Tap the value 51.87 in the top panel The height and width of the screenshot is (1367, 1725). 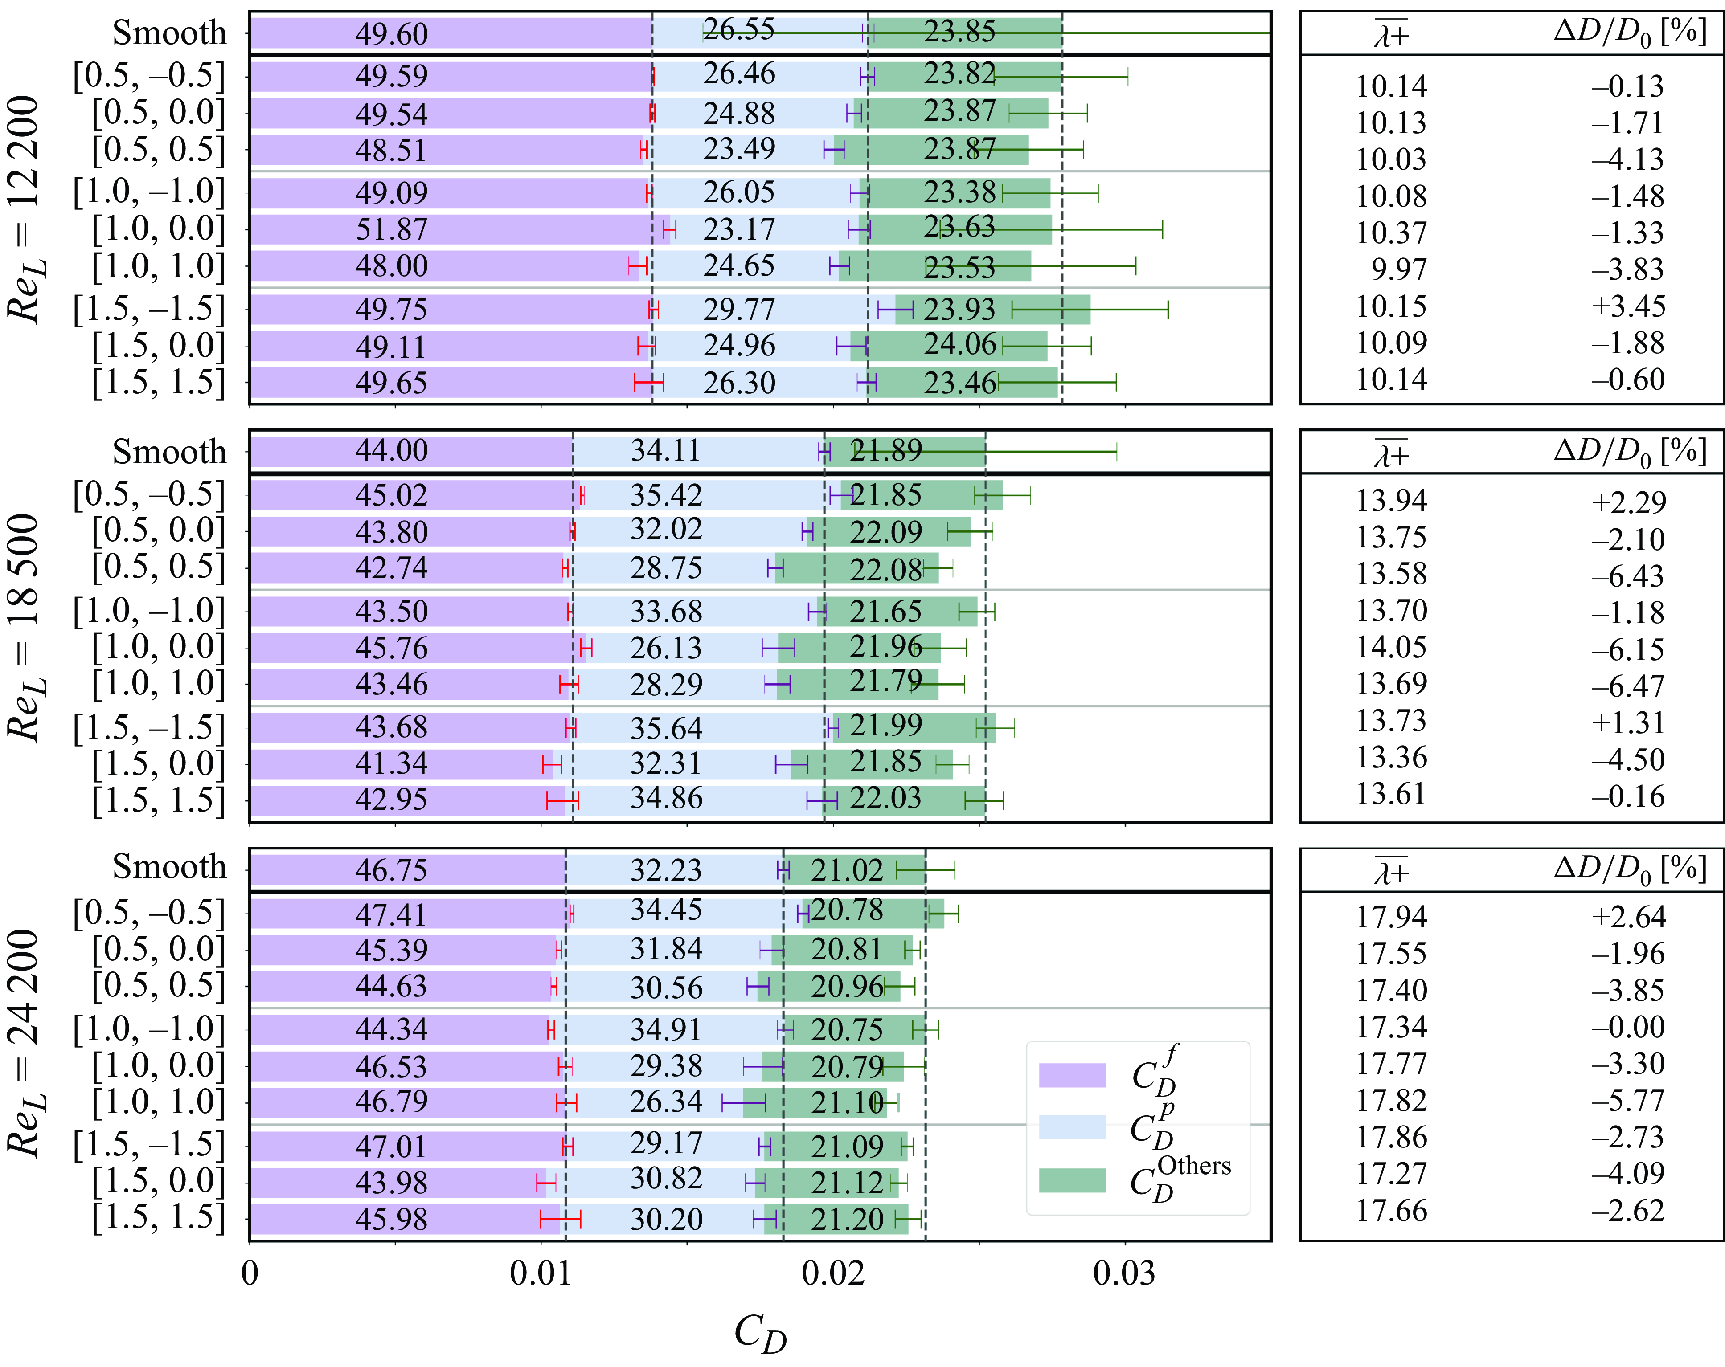(392, 229)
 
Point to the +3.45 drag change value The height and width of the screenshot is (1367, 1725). (1628, 306)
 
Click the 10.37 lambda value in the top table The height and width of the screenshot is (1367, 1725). (1391, 233)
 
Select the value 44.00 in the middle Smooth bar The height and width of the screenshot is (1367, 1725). (392, 450)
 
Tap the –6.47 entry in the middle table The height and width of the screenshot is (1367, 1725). (1628, 686)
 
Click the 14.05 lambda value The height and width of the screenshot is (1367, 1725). (1391, 647)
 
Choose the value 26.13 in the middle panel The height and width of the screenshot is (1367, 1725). (666, 648)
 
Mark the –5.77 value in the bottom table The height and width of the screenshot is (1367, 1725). (1628, 1101)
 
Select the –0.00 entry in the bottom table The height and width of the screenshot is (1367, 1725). (1628, 1027)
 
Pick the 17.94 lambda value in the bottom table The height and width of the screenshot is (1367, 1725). (1391, 917)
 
